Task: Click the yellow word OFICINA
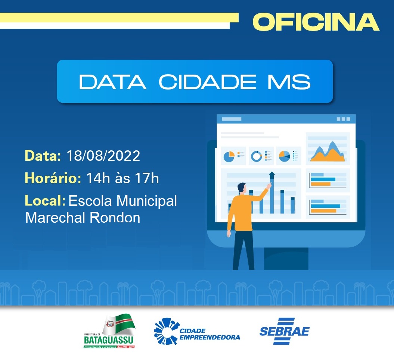[316, 22]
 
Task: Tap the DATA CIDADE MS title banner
[195, 81]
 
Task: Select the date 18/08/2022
[103, 156]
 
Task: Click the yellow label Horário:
[53, 178]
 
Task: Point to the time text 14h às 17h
[122, 178]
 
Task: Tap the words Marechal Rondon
[83, 217]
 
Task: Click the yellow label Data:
[43, 156]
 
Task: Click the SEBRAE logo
[285, 331]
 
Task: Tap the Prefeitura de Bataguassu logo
[109, 331]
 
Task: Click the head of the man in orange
[242, 188]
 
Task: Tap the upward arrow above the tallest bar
[272, 175]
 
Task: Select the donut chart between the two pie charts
[257, 156]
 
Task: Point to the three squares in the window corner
[343, 119]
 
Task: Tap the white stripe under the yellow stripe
[114, 25]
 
